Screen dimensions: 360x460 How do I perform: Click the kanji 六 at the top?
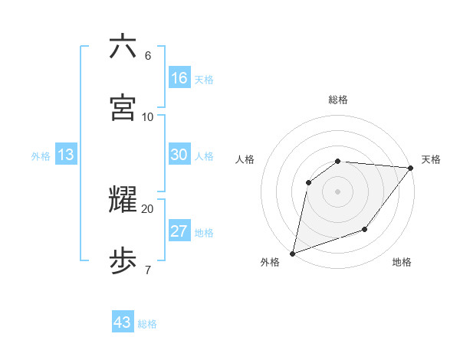(123, 47)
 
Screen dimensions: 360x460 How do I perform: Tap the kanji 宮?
(123, 107)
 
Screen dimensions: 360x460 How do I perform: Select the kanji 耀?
(123, 200)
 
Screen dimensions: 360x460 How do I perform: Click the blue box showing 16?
(179, 78)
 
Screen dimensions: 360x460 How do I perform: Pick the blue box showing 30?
(179, 155)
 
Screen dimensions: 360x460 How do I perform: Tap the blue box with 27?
(179, 231)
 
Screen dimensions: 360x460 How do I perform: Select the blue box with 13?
(66, 155)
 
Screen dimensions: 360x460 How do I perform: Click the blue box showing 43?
(123, 322)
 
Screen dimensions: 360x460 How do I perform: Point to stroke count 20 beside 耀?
(147, 208)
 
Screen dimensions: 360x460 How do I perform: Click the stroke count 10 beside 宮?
(147, 116)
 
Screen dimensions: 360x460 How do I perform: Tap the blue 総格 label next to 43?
(148, 324)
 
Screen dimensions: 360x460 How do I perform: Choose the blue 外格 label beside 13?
(41, 156)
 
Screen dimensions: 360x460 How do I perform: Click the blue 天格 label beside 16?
(204, 80)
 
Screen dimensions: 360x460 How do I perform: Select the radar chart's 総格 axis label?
(337, 100)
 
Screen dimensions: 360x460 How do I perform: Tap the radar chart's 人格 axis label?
(245, 159)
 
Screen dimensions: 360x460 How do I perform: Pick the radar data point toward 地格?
(365, 229)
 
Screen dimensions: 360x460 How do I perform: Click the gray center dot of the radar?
(337, 191)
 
